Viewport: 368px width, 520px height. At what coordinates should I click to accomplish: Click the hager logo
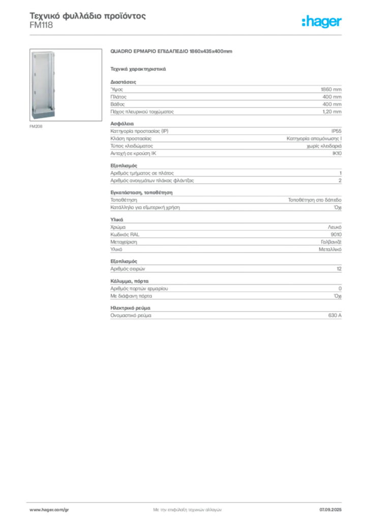tap(322, 22)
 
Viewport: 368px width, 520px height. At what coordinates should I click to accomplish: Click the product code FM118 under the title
tap(41, 25)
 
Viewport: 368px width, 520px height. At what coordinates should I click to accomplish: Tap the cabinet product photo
tap(66, 85)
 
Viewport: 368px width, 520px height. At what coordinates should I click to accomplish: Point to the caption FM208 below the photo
tap(36, 126)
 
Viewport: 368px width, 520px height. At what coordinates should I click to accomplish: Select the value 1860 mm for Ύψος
tap(331, 89)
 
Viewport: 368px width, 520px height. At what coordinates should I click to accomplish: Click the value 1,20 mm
tap(332, 112)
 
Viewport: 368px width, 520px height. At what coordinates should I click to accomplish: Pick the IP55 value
tap(336, 131)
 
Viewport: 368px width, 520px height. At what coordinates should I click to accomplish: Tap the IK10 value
tap(337, 153)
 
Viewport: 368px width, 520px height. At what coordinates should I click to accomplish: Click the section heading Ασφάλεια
tap(122, 124)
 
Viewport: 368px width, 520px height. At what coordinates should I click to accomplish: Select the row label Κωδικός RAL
tap(125, 235)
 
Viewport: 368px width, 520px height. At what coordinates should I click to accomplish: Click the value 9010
tap(336, 235)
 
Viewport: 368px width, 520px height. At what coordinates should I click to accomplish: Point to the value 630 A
tap(335, 315)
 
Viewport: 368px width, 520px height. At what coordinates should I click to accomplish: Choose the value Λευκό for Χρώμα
tap(334, 227)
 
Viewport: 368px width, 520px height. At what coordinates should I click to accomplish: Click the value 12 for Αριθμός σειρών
tap(339, 269)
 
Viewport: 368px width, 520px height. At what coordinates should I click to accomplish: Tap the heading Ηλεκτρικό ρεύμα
tap(131, 308)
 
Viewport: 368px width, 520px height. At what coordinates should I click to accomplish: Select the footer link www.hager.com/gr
tap(49, 510)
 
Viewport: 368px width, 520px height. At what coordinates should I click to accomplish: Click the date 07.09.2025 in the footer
tap(330, 510)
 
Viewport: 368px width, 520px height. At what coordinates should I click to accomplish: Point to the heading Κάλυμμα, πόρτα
tap(130, 281)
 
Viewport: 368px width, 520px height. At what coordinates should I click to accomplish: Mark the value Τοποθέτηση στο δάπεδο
tap(315, 200)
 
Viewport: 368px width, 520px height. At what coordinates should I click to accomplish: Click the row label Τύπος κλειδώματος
tap(132, 146)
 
